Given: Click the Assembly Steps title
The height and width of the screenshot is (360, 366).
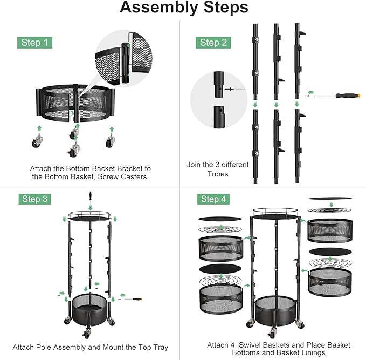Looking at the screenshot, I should click(184, 8).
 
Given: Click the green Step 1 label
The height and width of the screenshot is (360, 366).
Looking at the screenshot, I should click(36, 43).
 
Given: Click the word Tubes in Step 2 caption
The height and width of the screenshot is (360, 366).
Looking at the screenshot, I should click(218, 174).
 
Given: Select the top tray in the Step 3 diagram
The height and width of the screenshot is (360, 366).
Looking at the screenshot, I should click(91, 216).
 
